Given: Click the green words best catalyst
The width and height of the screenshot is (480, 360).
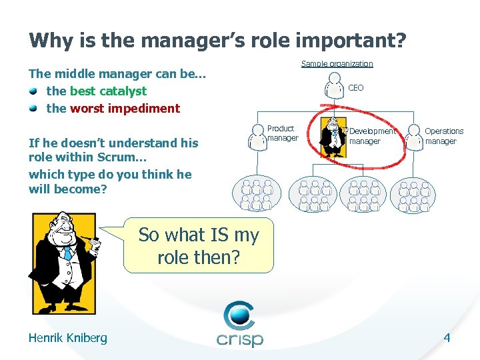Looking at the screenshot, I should tap(108, 91).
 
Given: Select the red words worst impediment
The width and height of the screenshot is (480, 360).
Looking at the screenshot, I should tap(125, 108).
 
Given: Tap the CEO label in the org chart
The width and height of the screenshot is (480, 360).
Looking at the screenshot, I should tap(356, 88).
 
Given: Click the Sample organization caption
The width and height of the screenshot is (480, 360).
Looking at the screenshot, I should tap(337, 64).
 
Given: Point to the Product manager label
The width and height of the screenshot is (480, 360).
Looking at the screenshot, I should tap(282, 133).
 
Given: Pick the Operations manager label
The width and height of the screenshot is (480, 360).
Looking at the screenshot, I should tap(444, 136).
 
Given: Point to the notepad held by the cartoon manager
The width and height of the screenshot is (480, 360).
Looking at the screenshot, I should tap(96, 245).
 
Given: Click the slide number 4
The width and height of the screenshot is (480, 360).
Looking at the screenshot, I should tap(447, 338).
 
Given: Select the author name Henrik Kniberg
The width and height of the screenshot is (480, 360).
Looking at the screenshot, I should tap(67, 338).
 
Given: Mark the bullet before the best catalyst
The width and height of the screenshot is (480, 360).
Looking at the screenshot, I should tap(33, 91).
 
